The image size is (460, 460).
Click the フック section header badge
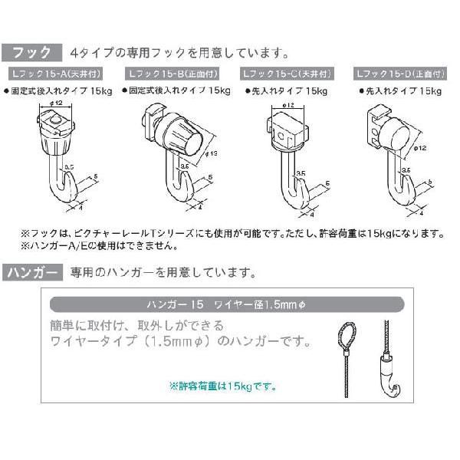[31, 53]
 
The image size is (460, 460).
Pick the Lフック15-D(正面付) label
[396, 75]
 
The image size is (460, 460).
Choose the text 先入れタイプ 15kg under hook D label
[401, 91]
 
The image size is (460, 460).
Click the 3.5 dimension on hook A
[69, 166]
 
